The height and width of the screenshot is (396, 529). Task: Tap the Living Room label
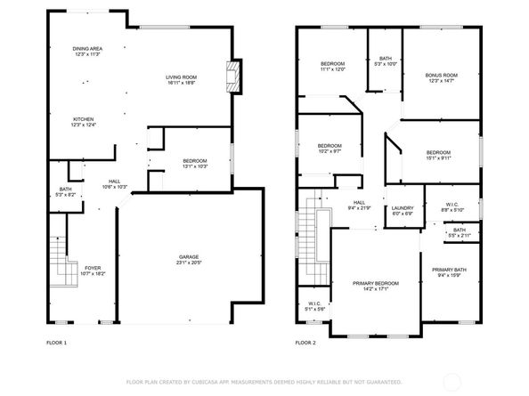click(x=181, y=77)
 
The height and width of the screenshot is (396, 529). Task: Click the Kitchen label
click(x=83, y=119)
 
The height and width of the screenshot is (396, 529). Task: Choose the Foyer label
click(x=93, y=268)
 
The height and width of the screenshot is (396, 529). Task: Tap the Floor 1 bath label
click(x=65, y=189)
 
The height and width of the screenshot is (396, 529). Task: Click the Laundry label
click(x=403, y=208)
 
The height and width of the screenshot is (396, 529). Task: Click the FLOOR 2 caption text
click(x=305, y=342)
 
